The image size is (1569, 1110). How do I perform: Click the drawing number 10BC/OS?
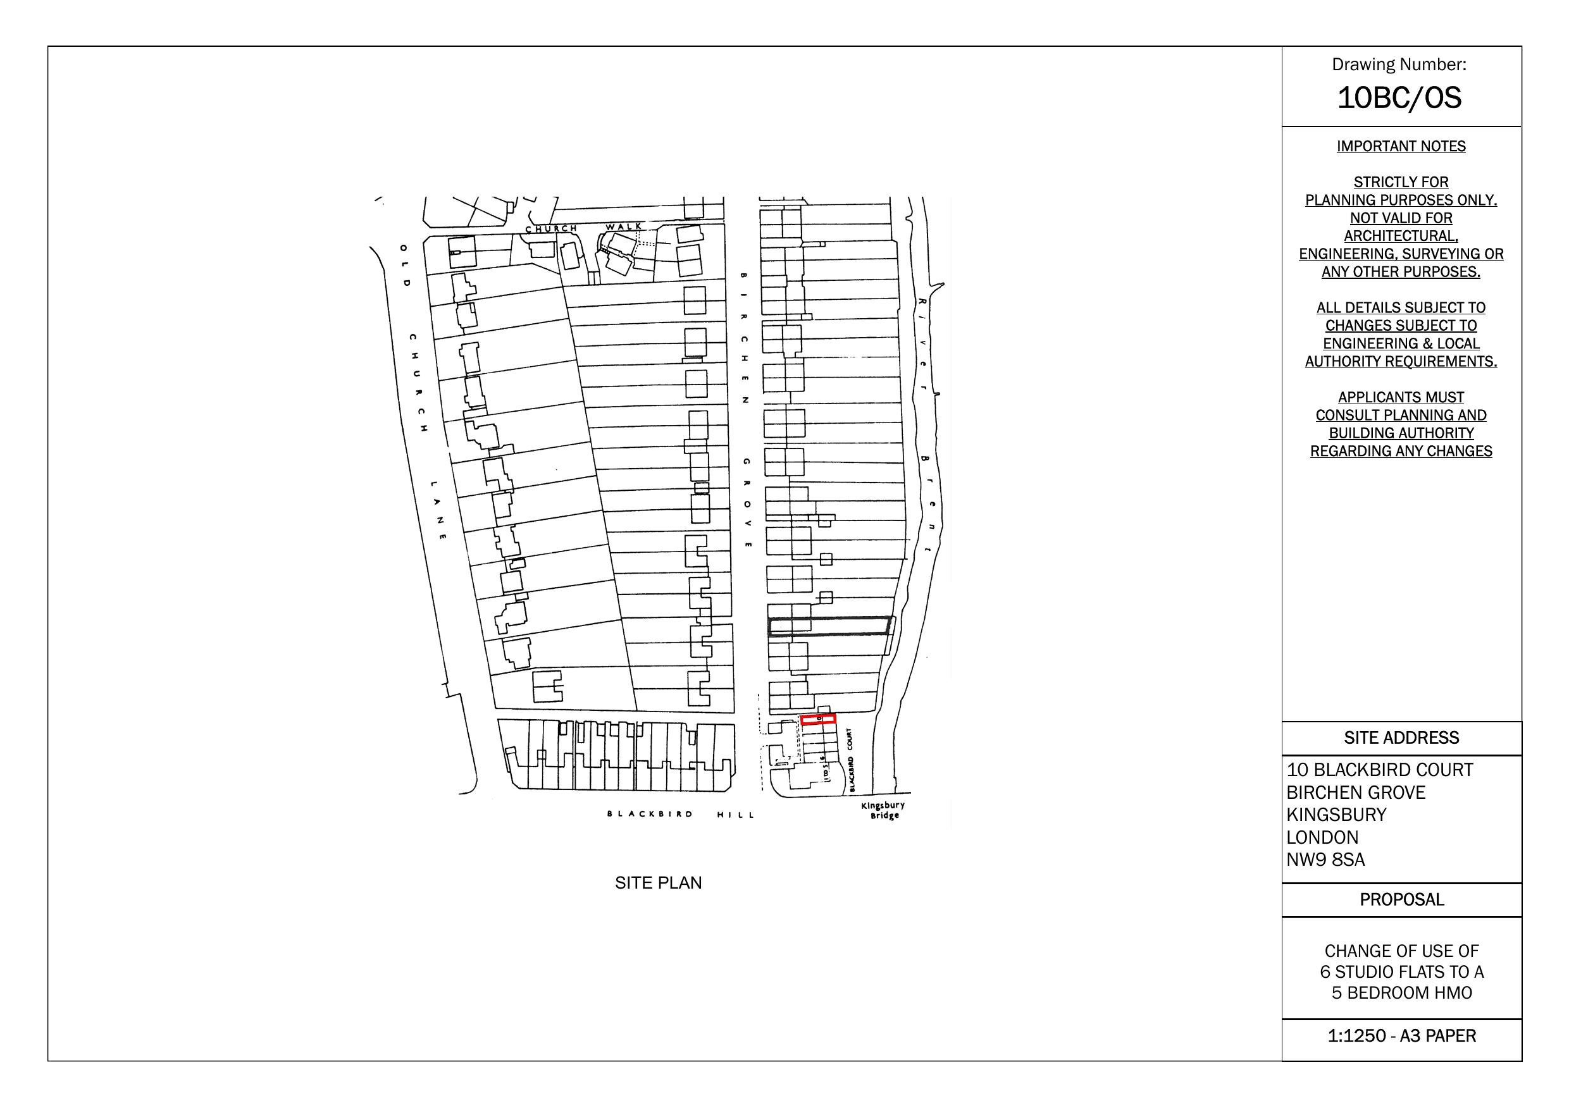[1399, 98]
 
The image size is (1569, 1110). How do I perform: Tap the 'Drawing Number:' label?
[1399, 65]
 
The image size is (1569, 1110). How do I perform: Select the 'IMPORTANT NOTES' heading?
[1401, 146]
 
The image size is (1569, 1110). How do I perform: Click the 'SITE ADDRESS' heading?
[1401, 738]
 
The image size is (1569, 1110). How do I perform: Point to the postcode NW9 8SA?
[1325, 860]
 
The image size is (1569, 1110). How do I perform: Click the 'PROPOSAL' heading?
[1401, 899]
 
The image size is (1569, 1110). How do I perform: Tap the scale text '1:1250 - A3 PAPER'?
[1401, 1035]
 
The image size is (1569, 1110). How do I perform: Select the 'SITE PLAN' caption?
[658, 883]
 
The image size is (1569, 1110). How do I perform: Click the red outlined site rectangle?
[817, 719]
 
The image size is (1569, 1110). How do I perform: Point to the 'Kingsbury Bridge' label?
[883, 811]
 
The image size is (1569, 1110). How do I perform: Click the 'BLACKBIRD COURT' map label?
[850, 760]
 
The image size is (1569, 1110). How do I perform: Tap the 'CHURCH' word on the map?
[551, 228]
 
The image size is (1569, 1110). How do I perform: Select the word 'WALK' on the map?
[624, 226]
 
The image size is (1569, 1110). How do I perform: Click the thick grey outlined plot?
[829, 626]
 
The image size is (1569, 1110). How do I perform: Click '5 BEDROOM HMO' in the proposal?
[1401, 992]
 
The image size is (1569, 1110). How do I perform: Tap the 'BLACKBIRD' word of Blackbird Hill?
[650, 814]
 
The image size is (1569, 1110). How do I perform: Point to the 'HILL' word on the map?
[736, 815]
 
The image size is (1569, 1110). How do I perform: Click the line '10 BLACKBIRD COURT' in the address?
[1379, 770]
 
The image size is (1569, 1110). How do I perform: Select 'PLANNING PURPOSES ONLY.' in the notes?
[1401, 200]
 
